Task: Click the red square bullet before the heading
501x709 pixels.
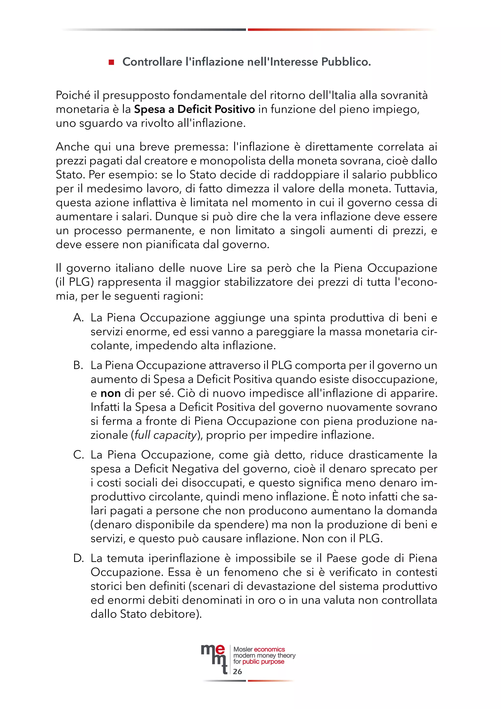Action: (x=111, y=62)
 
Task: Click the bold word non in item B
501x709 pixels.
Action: (x=110, y=393)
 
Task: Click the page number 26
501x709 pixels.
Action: (x=237, y=672)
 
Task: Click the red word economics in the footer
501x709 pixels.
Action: (x=269, y=650)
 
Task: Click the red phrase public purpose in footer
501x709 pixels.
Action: (x=263, y=662)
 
